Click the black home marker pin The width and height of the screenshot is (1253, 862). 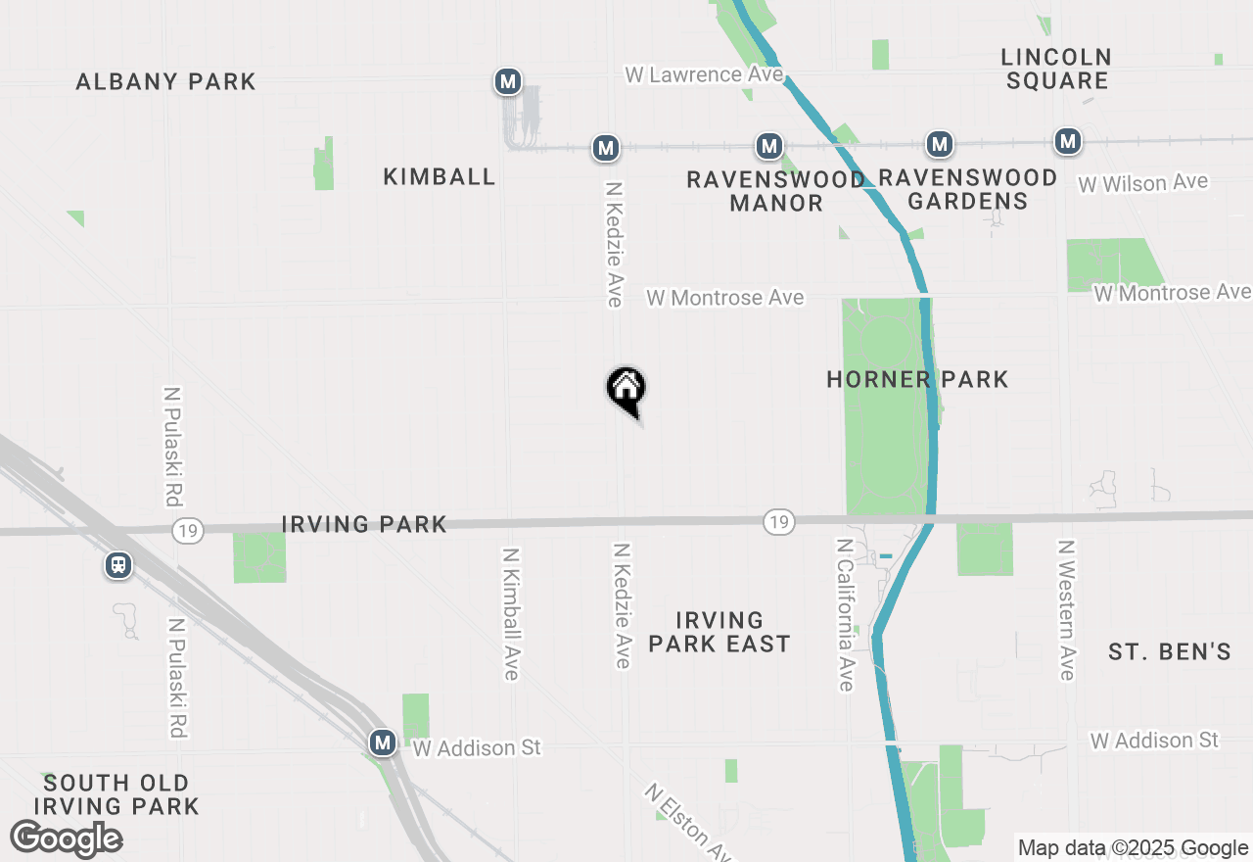pos(626,389)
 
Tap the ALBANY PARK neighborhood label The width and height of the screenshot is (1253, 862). pos(166,81)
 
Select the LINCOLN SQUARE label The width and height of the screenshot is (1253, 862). pos(1056,69)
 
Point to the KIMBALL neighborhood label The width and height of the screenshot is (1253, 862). pos(440,176)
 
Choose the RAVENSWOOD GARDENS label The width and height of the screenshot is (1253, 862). pos(967,189)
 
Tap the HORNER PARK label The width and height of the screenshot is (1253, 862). pos(917,379)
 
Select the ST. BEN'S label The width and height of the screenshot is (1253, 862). pos(1169,651)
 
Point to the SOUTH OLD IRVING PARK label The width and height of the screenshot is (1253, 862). pos(116,794)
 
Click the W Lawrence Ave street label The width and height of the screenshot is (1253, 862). pos(705,74)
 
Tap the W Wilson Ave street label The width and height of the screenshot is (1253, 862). pos(1142,183)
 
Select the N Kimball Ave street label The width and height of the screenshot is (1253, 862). pos(510,613)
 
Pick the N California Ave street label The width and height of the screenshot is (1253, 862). pos(846,613)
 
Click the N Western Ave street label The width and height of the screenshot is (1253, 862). pos(1066,609)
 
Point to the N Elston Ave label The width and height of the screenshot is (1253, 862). pos(688,821)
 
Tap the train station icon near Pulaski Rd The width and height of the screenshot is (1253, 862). pos(118,565)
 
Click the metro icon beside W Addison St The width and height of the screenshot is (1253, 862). pos(383,742)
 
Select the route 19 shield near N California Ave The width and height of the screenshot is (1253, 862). pos(778,522)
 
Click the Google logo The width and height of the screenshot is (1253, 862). pos(66,838)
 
